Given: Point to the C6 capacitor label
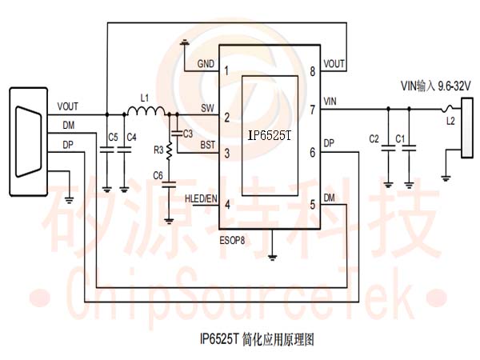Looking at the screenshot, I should (x=158, y=174).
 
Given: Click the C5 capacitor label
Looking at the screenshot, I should (x=114, y=138).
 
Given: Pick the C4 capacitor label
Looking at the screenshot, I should (x=132, y=138).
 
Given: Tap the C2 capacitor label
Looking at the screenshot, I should (x=374, y=139).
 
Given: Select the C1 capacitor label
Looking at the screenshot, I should (x=401, y=139).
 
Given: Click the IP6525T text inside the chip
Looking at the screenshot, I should (x=270, y=136).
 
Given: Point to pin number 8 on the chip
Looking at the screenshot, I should (x=311, y=72).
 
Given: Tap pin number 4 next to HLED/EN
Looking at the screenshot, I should (x=227, y=204).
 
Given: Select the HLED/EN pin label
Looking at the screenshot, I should (x=200, y=198).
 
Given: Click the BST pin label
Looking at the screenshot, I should (x=207, y=146).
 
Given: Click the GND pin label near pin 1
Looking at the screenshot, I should (x=206, y=64).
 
